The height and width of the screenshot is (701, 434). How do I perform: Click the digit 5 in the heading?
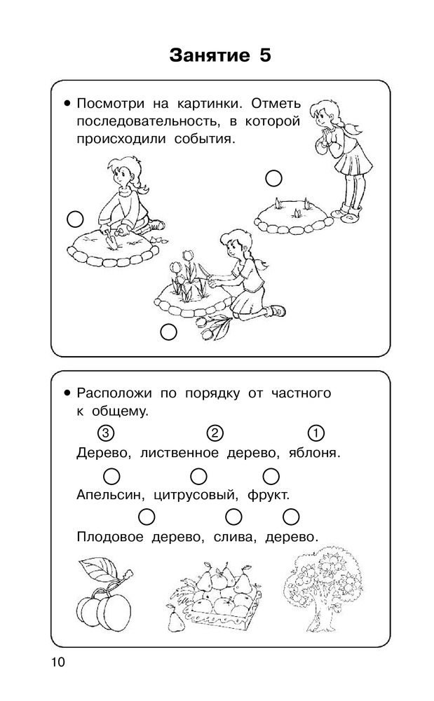(264, 55)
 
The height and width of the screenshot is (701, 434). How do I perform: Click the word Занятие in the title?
(210, 55)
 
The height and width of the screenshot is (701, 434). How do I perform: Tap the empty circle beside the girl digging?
(75, 219)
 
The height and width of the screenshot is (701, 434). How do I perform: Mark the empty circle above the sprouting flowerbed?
(273, 178)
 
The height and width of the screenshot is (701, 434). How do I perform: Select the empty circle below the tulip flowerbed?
(168, 332)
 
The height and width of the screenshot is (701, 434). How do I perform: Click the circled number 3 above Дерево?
(105, 433)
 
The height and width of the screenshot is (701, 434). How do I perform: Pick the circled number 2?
(215, 433)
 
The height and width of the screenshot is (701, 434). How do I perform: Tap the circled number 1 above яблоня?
(316, 433)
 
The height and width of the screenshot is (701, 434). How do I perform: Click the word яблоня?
(314, 453)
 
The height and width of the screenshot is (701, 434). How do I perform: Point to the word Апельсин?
(111, 495)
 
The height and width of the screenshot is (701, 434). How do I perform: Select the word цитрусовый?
(196, 496)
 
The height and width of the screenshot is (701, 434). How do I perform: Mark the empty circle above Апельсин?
(111, 476)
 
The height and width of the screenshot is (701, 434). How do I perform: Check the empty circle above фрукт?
(271, 476)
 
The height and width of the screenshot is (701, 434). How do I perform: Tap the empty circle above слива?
(233, 517)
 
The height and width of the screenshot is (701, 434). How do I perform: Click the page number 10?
(59, 662)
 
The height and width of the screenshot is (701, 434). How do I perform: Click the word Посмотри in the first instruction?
(110, 104)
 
